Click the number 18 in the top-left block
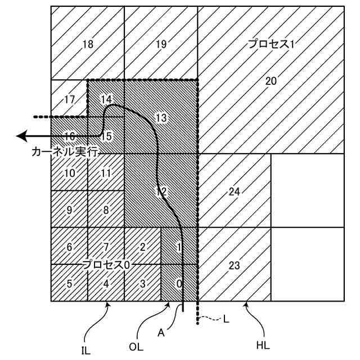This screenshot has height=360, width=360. [87, 44]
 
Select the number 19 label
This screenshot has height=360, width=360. [161, 44]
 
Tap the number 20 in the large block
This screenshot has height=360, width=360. [271, 81]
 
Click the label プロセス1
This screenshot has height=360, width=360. [272, 44]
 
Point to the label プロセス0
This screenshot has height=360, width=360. [107, 264]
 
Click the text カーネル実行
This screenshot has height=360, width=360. [65, 152]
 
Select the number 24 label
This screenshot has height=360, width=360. [235, 192]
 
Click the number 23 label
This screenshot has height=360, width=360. [235, 264]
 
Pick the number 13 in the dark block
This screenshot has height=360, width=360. [161, 118]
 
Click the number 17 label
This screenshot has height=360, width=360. [69, 100]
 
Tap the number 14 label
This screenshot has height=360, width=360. [106, 100]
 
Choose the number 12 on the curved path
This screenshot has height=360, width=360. [161, 191]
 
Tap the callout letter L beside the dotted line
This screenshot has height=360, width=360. [226, 319]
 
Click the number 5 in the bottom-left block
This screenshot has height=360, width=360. [69, 283]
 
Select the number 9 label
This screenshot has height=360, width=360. [69, 210]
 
